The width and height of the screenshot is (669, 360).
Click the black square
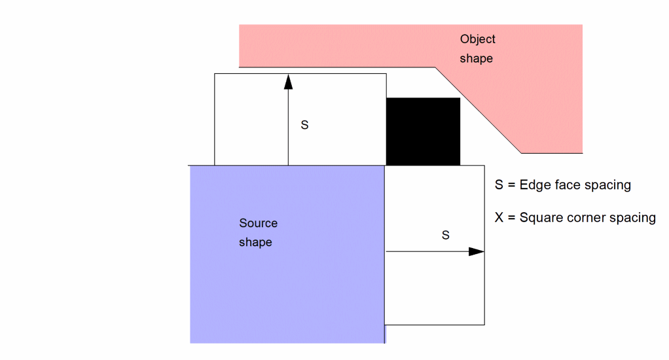pos(423,131)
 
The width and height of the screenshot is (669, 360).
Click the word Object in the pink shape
pos(477,39)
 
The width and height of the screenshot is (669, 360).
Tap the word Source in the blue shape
pos(258,223)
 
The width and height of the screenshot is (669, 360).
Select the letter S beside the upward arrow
pos(304,124)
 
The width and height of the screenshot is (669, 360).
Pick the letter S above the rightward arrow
pos(446,235)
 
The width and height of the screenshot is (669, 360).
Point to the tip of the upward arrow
pos(288,75)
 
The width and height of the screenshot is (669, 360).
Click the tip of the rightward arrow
pos(482,251)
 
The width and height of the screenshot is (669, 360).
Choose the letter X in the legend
pos(500,217)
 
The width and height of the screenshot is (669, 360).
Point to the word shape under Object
pos(476,58)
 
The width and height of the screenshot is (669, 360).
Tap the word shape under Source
pos(255,242)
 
